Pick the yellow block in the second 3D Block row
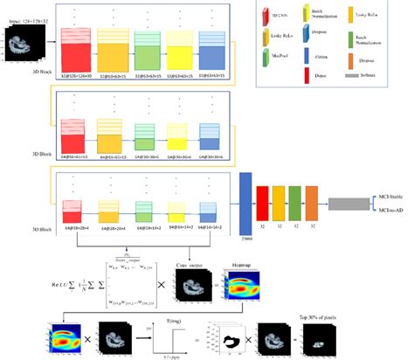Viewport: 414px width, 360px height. point(188,136)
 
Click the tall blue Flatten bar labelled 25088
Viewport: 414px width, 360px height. point(245,201)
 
